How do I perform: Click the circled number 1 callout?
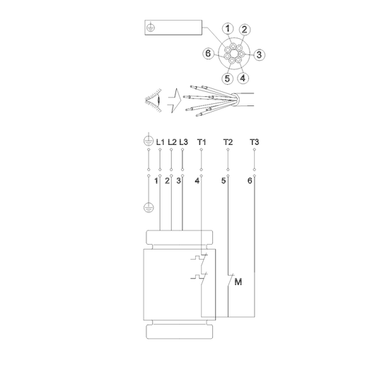tap(228, 28)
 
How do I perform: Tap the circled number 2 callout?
tap(244, 29)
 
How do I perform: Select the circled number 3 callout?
tap(259, 54)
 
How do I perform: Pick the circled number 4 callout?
tap(243, 78)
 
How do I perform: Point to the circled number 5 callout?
tap(227, 79)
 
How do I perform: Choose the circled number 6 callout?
tap(208, 53)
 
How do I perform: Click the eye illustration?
tap(153, 100)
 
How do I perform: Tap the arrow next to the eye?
tap(175, 100)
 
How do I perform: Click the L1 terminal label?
tap(160, 142)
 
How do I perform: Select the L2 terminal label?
tap(172, 142)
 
